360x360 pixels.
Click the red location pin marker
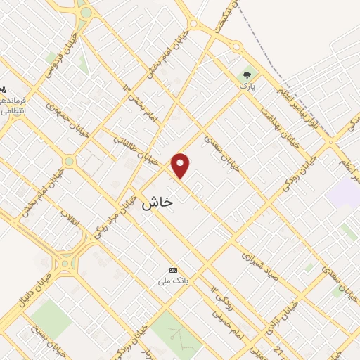[181, 166]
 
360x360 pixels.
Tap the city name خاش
[157, 202]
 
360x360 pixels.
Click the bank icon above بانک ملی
[174, 270]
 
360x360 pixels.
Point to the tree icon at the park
[247, 75]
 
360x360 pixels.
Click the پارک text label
[246, 86]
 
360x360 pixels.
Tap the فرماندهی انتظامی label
[13, 106]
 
